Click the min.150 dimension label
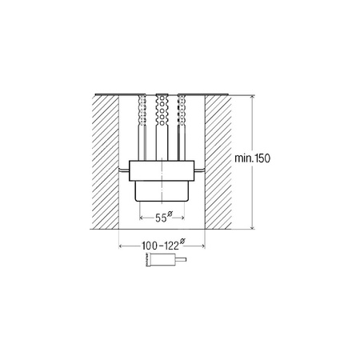click(x=252, y=158)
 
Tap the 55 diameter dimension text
click(x=161, y=218)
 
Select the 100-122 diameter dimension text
click(x=160, y=246)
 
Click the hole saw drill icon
click(x=166, y=259)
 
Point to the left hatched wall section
click(x=106, y=162)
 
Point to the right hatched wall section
click(x=218, y=162)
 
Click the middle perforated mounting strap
click(x=162, y=127)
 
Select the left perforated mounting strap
click(x=142, y=127)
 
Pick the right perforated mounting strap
click(x=182, y=127)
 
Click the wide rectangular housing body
click(x=162, y=170)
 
